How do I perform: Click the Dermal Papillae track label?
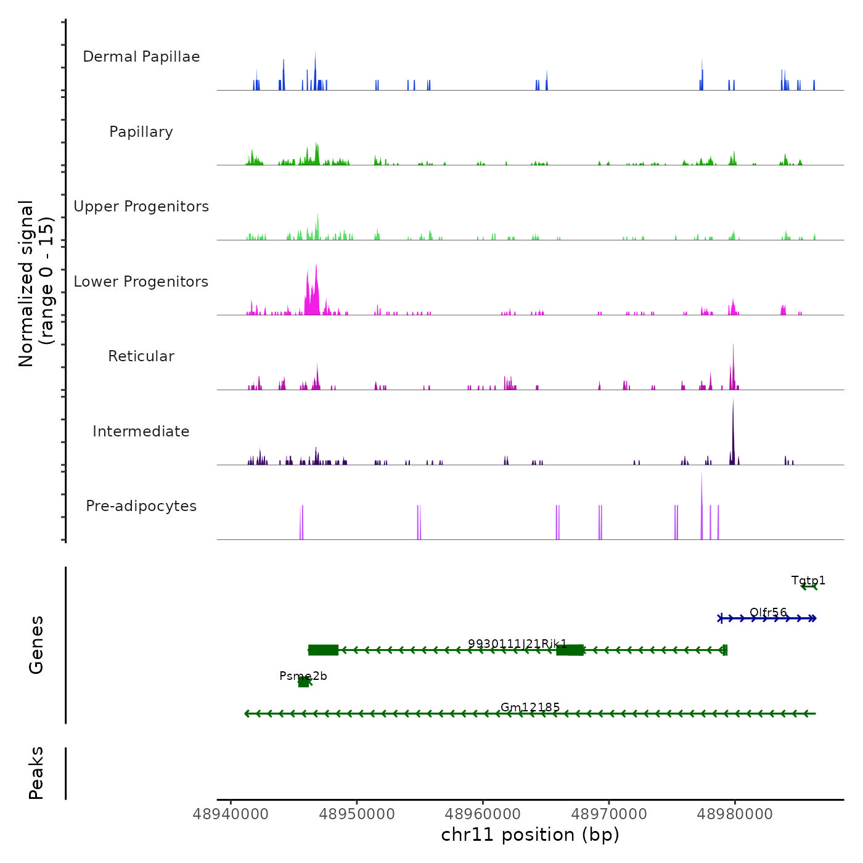(141, 57)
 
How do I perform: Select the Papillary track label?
(141, 132)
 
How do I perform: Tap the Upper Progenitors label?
(141, 207)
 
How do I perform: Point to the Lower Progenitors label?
(141, 282)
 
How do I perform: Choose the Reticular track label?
(141, 356)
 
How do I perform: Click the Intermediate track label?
(141, 431)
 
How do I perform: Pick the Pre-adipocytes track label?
(141, 506)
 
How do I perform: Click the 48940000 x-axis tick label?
(231, 814)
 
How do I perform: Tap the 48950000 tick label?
(357, 814)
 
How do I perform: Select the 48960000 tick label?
(483, 814)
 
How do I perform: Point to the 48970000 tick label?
(609, 814)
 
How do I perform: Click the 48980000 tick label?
(735, 814)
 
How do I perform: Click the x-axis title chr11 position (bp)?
(530, 835)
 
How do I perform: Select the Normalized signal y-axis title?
(36, 284)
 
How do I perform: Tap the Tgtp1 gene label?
(808, 581)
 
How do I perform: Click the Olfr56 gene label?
(768, 613)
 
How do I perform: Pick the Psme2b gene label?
(303, 676)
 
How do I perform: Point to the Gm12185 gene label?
(530, 708)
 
